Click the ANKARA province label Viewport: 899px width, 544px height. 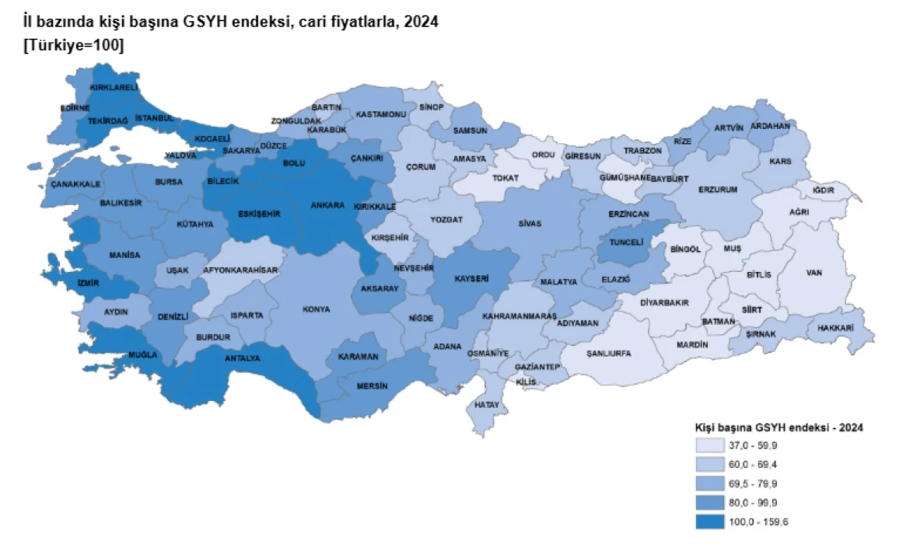[327, 205]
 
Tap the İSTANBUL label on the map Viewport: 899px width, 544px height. [154, 117]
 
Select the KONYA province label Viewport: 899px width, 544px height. [318, 309]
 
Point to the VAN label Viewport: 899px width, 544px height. [815, 273]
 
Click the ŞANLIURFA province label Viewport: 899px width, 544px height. [609, 353]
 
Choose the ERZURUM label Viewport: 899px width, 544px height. [717, 189]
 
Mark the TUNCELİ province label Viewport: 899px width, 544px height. [626, 242]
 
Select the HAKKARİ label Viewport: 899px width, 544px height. [835, 328]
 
